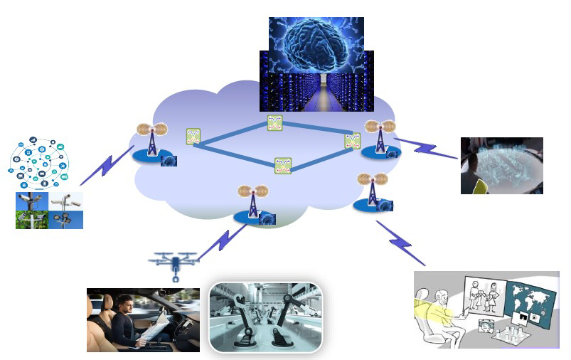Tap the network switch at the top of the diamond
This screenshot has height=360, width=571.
pyautogui.click(x=275, y=122)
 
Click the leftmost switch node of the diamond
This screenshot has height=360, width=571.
pyautogui.click(x=192, y=137)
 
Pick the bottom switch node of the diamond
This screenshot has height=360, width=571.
pyautogui.click(x=283, y=166)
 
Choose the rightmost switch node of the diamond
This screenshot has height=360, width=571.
pyautogui.click(x=352, y=140)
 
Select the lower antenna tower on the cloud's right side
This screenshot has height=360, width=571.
pyautogui.click(x=370, y=191)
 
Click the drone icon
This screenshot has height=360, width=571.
pyautogui.click(x=174, y=265)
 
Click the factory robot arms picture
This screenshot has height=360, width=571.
pyautogui.click(x=265, y=317)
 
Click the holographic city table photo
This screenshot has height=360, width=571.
pyautogui.click(x=501, y=166)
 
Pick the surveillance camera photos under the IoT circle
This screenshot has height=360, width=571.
pyautogui.click(x=49, y=210)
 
